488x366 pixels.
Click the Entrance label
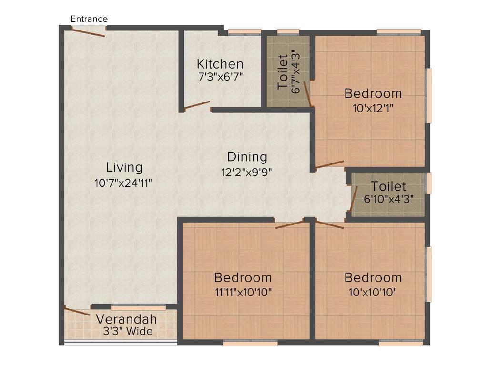coord(89,19)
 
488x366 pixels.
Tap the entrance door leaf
coord(89,32)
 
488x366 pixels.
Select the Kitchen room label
coord(220,64)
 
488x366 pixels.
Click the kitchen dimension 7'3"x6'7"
coord(220,76)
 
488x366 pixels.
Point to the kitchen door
coord(197,105)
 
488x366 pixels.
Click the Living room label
coord(124,167)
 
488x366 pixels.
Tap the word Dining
coord(247,156)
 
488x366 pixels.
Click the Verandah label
coord(126,319)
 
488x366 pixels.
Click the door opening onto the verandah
coord(77,311)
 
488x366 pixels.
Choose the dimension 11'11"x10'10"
coord(243,292)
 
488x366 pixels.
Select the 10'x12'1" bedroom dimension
coord(373,108)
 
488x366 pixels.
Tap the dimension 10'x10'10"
coord(373,292)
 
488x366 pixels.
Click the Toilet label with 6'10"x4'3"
coord(388,186)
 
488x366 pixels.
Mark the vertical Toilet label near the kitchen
coord(283,72)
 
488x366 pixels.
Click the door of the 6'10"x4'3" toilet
coord(354,198)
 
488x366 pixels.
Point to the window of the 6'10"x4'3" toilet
coord(429,183)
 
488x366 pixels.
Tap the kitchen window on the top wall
coord(244,32)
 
